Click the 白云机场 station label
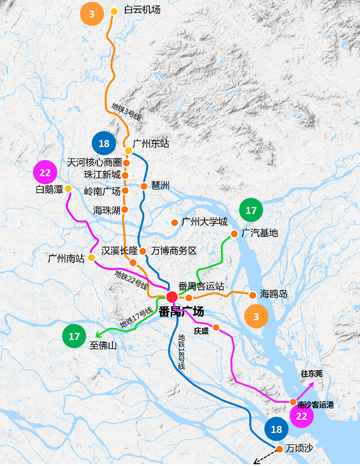point(142,10)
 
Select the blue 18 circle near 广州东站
point(104,144)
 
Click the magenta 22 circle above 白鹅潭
point(45,173)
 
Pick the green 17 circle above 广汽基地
point(251,211)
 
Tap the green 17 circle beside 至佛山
point(74,336)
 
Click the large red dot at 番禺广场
point(172,295)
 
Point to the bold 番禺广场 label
point(182,312)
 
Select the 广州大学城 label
point(205,222)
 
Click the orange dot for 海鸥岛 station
point(253,294)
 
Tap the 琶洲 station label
point(160,186)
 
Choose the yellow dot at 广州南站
point(91,258)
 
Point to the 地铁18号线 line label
point(181,352)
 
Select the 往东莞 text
point(311,374)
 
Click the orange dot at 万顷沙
point(279,449)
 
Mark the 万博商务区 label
point(175,250)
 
